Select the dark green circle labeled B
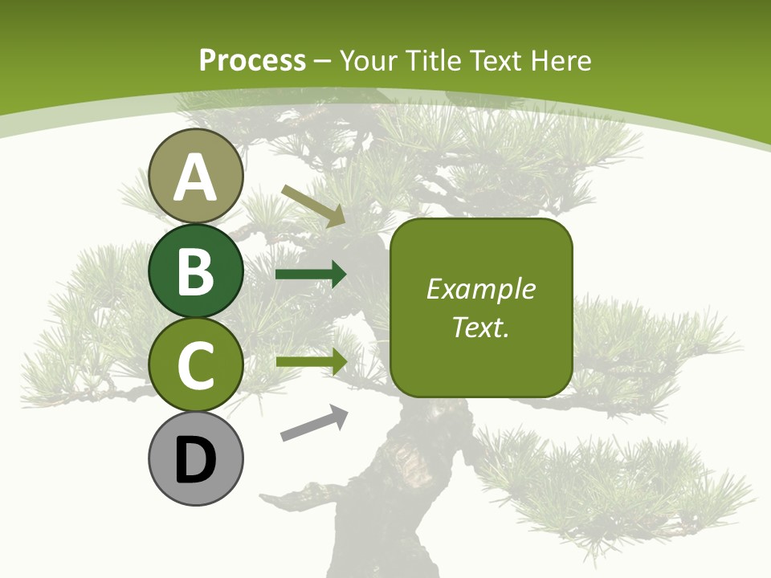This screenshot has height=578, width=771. [195, 271]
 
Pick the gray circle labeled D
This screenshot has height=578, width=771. [195, 458]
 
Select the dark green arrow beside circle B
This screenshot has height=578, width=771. [311, 275]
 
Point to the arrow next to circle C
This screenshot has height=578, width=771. [312, 361]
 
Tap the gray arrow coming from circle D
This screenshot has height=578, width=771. [314, 423]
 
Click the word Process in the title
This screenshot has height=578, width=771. [252, 60]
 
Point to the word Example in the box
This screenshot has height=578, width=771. [480, 289]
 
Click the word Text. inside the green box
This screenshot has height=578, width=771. [480, 327]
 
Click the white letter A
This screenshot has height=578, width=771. [195, 177]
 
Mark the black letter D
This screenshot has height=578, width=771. [195, 461]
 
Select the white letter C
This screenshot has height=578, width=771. [195, 365]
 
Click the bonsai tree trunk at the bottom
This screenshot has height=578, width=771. [377, 514]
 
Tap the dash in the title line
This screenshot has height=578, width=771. [323, 61]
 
